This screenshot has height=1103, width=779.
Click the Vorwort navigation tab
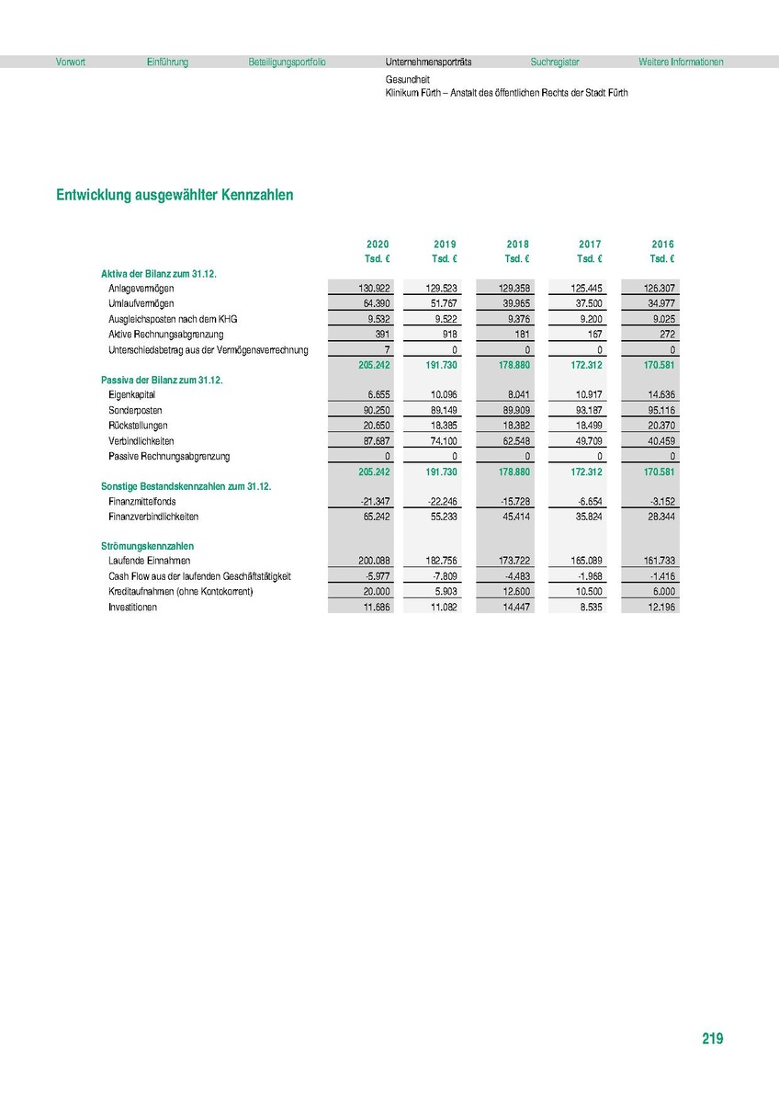[x=71, y=63]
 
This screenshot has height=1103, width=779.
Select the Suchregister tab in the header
[x=555, y=63]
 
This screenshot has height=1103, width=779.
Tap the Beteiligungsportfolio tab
[x=287, y=63]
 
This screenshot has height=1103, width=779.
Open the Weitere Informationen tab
[x=681, y=63]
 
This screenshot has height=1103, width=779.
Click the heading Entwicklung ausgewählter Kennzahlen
[x=175, y=196]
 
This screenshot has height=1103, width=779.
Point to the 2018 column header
[x=517, y=244]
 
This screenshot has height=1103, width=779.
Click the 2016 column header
[x=662, y=244]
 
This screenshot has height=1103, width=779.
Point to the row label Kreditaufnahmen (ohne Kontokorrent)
[x=180, y=592]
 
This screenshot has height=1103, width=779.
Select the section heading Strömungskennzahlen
[x=147, y=547]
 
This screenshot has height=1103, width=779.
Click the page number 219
[x=712, y=1040]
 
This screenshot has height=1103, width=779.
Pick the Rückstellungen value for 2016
[x=658, y=426]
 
